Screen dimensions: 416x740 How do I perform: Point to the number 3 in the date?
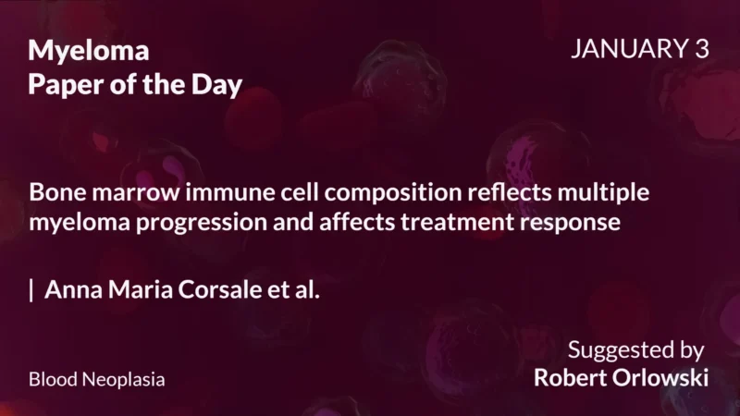point(700,50)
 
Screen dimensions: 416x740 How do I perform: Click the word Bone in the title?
point(56,194)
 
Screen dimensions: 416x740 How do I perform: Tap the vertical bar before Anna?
point(32,290)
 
